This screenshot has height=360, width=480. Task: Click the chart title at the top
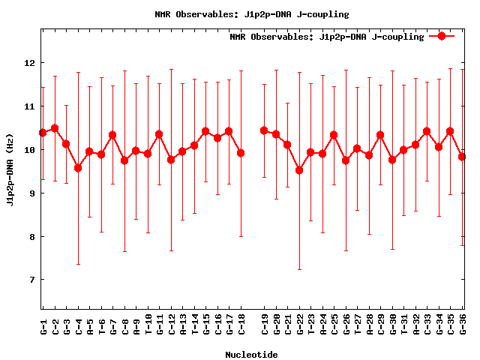tap(251, 14)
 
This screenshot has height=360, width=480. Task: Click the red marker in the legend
tap(442, 36)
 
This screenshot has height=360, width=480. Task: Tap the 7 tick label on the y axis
tap(31, 280)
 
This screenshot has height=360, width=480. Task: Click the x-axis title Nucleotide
tap(251, 354)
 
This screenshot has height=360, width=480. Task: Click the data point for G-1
tap(43, 133)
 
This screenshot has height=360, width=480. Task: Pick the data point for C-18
tap(241, 153)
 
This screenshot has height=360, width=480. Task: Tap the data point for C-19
tap(264, 130)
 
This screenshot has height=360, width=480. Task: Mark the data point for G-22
tap(299, 170)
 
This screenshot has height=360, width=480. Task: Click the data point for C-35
tap(450, 131)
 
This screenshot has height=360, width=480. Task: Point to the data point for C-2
tap(55, 128)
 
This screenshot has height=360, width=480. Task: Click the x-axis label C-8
tap(124, 324)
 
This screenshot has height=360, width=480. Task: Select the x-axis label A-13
tap(183, 324)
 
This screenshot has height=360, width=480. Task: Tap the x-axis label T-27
tap(358, 324)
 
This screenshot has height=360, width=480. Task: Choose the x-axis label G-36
tap(463, 324)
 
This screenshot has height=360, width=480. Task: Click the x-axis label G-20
tap(276, 324)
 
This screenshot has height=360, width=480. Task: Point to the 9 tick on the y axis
tap(31, 193)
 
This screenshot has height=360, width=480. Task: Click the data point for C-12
tap(171, 160)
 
